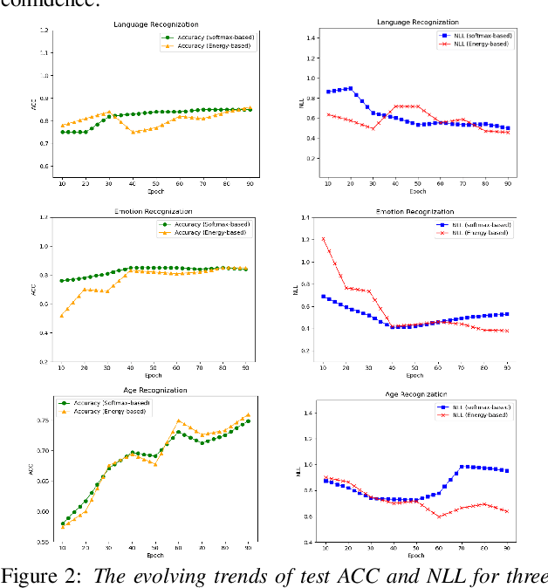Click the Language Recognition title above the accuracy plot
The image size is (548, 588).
tap(155, 24)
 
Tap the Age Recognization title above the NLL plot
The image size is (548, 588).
tap(415, 394)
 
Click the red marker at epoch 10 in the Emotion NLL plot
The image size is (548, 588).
tap(324, 239)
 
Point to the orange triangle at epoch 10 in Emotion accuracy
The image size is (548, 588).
tap(62, 315)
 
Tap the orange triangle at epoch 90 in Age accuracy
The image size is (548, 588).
tap(248, 415)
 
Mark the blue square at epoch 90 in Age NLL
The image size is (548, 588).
tap(507, 471)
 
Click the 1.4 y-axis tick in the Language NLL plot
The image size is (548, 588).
tap(312, 39)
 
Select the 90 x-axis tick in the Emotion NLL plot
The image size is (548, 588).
tap(507, 368)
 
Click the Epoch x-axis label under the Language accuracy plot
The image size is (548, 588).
tap(154, 191)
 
